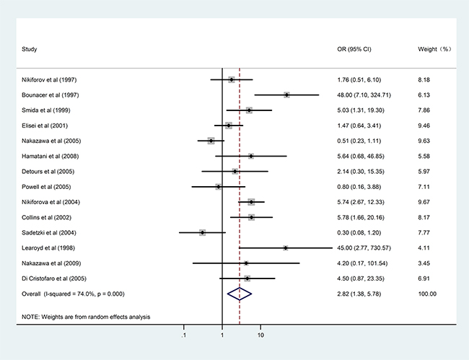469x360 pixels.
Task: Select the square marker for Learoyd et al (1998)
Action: point(286,247)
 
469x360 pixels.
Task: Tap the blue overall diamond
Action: point(239,293)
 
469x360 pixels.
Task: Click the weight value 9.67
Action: point(426,201)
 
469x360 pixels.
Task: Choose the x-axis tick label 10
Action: point(260,335)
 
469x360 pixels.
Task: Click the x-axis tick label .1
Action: point(184,335)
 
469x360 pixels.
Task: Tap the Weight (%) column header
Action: point(434,49)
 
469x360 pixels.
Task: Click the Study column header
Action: point(30,49)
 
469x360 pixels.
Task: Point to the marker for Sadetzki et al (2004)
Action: point(203,232)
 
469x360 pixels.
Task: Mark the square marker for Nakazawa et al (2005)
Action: point(211,141)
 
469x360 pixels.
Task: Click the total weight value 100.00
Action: point(428,293)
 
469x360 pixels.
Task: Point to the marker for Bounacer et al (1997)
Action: point(286,95)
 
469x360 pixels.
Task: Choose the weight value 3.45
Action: point(426,263)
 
